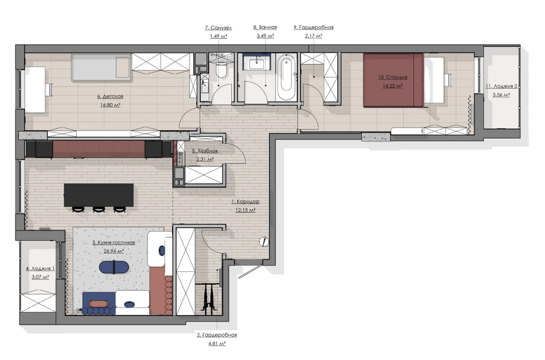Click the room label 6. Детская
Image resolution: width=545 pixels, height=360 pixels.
click(110, 96)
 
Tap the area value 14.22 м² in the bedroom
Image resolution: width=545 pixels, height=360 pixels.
click(392, 86)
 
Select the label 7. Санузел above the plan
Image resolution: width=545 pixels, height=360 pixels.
click(218, 28)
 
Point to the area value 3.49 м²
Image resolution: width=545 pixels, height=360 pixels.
click(265, 36)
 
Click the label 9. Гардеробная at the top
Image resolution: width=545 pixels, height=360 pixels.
click(314, 27)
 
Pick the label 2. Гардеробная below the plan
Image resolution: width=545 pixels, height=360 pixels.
click(217, 335)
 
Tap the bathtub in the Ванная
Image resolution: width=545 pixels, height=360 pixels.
click(287, 77)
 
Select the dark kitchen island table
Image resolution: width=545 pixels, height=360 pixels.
click(99, 195)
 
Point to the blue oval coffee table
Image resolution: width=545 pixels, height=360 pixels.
click(114, 267)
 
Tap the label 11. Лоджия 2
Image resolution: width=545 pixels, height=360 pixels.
click(501, 86)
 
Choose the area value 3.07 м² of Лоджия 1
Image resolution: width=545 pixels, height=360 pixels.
click(40, 277)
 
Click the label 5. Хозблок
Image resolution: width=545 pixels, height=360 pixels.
click(205, 151)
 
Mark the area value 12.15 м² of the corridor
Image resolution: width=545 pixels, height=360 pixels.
click(245, 210)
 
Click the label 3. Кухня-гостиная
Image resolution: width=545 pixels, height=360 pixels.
click(114, 242)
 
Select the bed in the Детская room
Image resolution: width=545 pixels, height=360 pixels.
click(101, 68)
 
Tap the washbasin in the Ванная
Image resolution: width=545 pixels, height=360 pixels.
click(257, 64)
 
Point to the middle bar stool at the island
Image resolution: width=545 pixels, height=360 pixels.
click(99, 210)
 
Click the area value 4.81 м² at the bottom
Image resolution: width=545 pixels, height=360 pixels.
click(217, 344)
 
